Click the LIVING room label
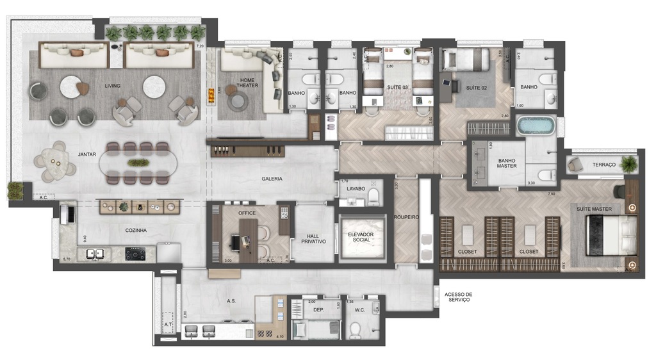113,86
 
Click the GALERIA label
272,179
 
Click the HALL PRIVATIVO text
314,238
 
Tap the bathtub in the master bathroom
536,125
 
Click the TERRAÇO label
603,165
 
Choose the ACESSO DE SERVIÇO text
457,297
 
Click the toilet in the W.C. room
354,330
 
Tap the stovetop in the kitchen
135,254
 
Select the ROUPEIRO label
406,218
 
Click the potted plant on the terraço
628,163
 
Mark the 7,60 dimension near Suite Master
550,194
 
